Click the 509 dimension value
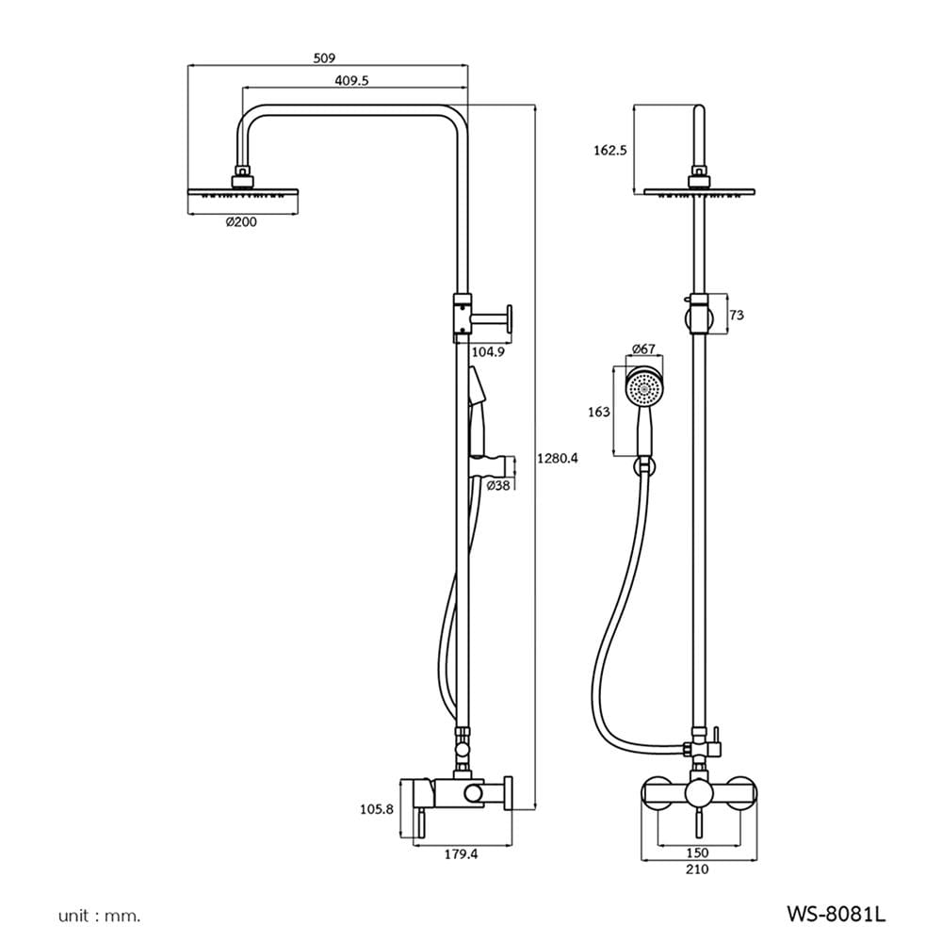[x=324, y=58]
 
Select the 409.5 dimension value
[x=351, y=80]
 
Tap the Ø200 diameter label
[x=241, y=221]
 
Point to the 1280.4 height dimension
[x=558, y=459]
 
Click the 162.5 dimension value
[x=609, y=150]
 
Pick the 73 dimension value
[x=736, y=315]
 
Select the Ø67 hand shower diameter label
[x=643, y=349]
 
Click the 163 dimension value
[x=598, y=413]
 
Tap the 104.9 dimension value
[x=488, y=352]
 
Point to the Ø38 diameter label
[x=498, y=485]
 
